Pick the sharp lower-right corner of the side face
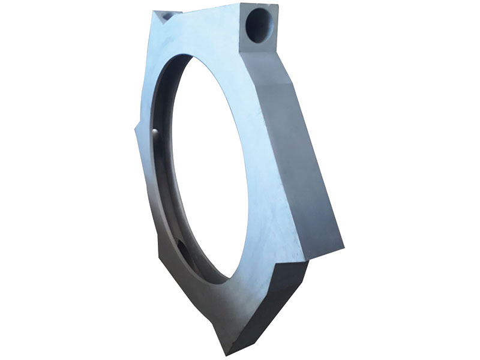(344, 246)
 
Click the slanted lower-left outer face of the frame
(180, 288)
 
